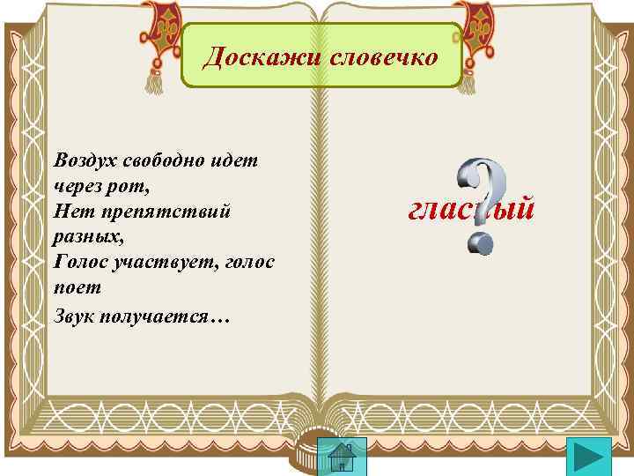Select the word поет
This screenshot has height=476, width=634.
77,288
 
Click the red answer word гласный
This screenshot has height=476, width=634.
470,210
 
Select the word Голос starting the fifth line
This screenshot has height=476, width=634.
80,263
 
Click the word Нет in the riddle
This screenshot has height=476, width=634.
70,212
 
